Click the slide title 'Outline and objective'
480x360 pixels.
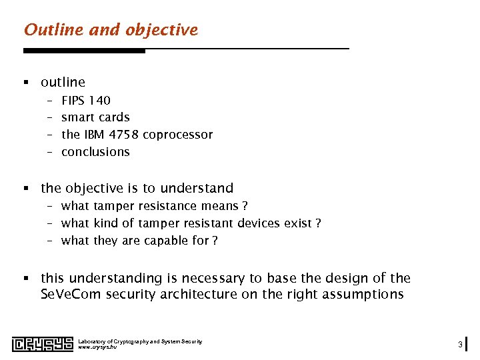pos(111,30)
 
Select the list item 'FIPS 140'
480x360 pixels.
pos(85,100)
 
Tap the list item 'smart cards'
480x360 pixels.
pos(95,117)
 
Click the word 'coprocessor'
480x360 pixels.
pos(177,135)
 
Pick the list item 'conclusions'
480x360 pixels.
pos(95,152)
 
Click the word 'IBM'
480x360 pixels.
pos(94,135)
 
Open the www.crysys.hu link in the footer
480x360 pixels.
pos(97,347)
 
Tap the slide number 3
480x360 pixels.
pos(460,344)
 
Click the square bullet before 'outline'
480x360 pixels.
pos(26,83)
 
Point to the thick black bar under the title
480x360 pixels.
pos(84,51)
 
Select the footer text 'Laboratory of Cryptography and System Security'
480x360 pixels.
pos(140,341)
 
